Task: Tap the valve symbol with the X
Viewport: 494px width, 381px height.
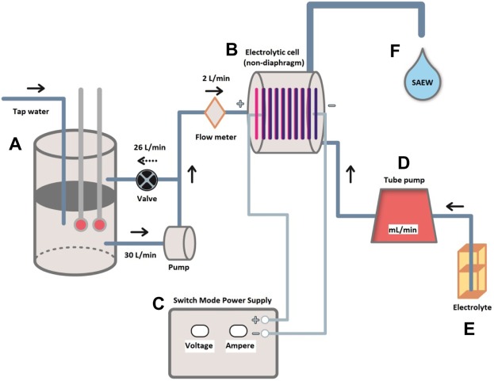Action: point(147,178)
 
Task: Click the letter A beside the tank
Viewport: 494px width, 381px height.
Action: point(14,144)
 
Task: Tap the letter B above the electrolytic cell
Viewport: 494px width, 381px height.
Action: point(232,51)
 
